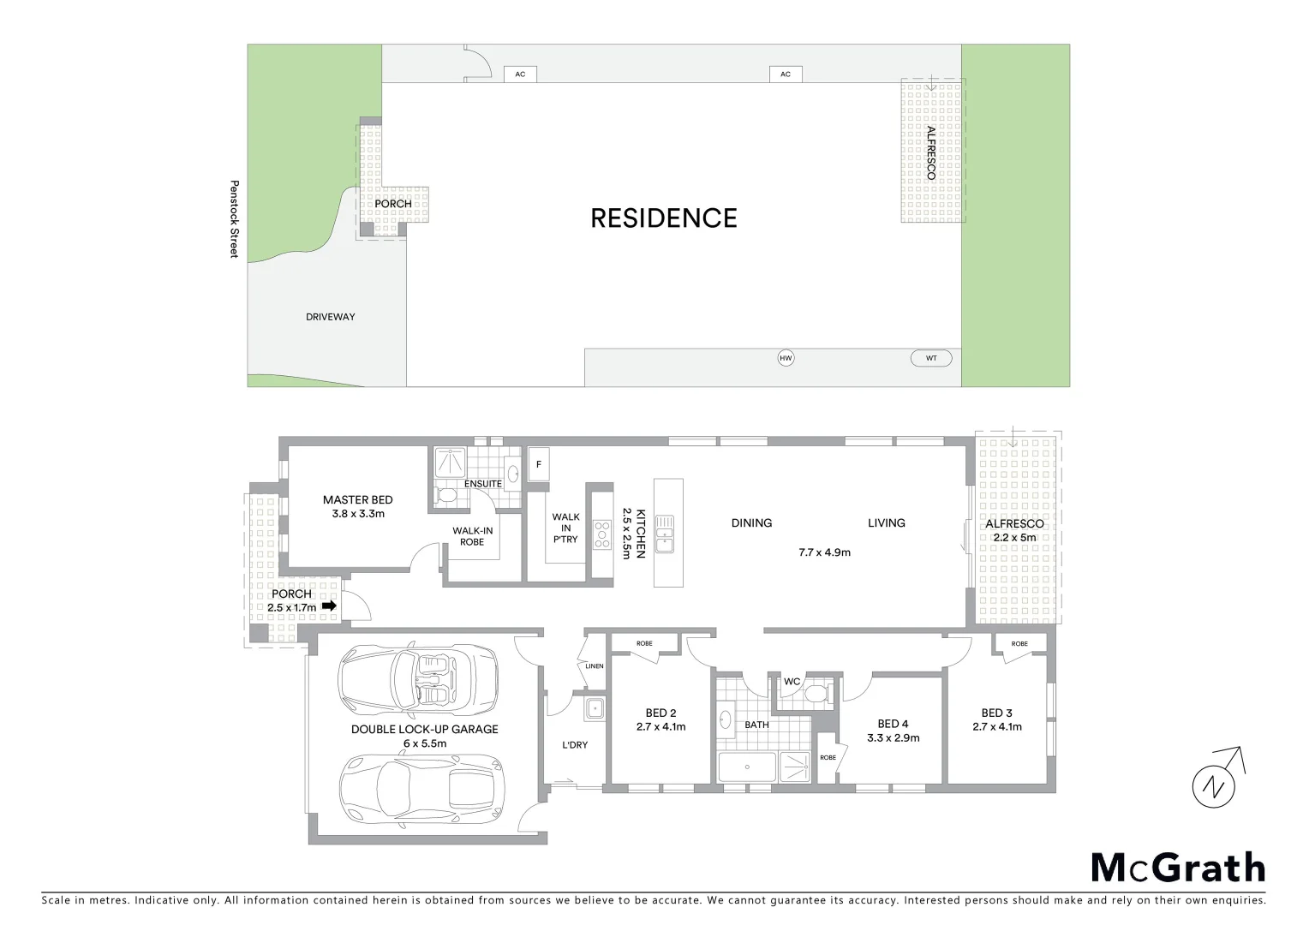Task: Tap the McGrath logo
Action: click(1178, 868)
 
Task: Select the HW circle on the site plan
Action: click(786, 359)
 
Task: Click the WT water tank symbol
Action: click(931, 359)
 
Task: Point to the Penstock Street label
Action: click(233, 218)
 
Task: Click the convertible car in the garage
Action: click(418, 679)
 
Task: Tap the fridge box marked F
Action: click(539, 465)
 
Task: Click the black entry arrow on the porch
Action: click(328, 606)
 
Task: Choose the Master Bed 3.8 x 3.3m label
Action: click(358, 507)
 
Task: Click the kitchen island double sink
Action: click(665, 533)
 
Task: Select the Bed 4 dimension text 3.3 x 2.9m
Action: click(894, 737)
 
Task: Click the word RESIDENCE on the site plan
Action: click(663, 218)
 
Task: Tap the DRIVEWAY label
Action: click(330, 317)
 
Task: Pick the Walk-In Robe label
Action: click(473, 536)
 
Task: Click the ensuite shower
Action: click(447, 462)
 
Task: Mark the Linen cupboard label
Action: click(594, 665)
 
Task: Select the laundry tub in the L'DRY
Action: click(594, 708)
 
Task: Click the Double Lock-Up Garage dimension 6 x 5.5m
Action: click(424, 743)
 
